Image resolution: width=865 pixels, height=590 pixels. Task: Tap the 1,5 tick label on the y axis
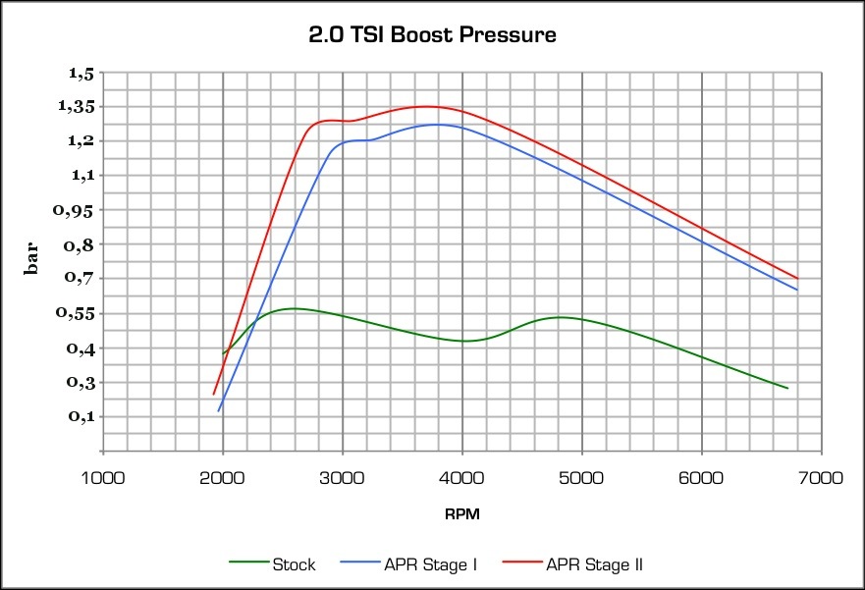(82, 73)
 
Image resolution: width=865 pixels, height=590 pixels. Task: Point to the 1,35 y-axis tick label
(78, 107)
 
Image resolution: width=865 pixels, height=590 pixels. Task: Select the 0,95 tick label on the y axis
(78, 210)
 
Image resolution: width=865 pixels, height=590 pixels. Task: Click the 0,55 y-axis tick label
(78, 314)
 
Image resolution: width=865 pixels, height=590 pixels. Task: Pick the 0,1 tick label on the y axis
(82, 417)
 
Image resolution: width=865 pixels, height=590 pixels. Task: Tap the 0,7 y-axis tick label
(82, 279)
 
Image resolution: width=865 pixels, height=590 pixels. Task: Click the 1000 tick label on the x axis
(103, 478)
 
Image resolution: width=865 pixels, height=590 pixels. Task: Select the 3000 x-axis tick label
(343, 478)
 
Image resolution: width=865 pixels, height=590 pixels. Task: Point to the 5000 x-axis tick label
(582, 478)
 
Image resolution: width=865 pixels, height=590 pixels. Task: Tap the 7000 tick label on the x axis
(821, 478)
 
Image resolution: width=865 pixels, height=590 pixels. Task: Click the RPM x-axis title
(461, 513)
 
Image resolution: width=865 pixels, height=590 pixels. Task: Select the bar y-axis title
(33, 260)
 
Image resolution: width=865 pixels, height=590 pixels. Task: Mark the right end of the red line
(797, 279)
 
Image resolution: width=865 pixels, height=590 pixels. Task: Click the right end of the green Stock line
(787, 389)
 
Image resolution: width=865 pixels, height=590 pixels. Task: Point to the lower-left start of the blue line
(218, 410)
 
